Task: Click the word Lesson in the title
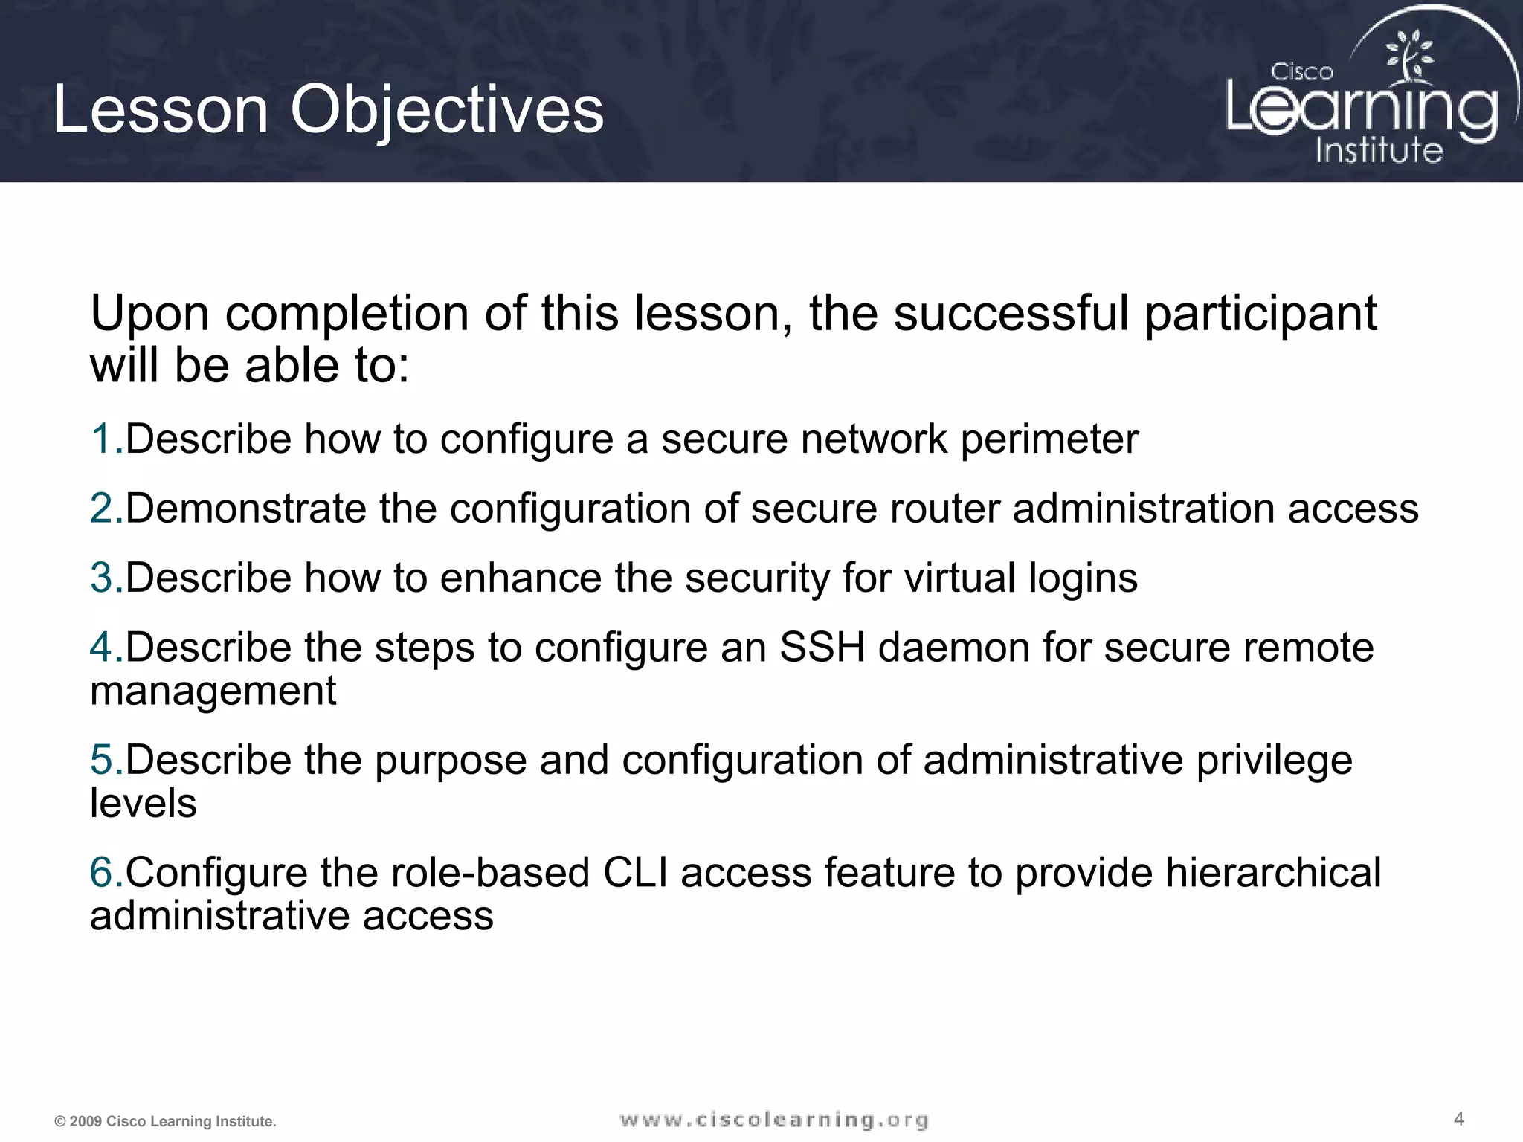click(x=161, y=110)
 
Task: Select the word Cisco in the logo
click(x=1301, y=72)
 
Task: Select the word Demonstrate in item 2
click(x=246, y=509)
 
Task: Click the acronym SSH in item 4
click(x=822, y=648)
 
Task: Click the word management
click(x=213, y=691)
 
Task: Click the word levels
click(x=143, y=804)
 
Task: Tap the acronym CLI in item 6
click(x=635, y=872)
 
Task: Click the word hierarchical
click(x=1272, y=872)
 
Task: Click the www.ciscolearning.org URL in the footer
click(x=773, y=1120)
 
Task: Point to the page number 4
click(x=1458, y=1119)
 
